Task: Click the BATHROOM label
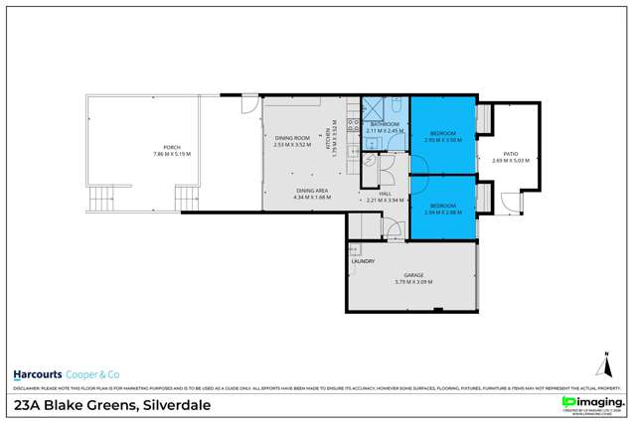[384, 125]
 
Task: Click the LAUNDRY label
[362, 261]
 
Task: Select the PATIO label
[511, 153]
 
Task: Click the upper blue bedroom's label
[442, 133]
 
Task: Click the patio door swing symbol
[512, 204]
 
